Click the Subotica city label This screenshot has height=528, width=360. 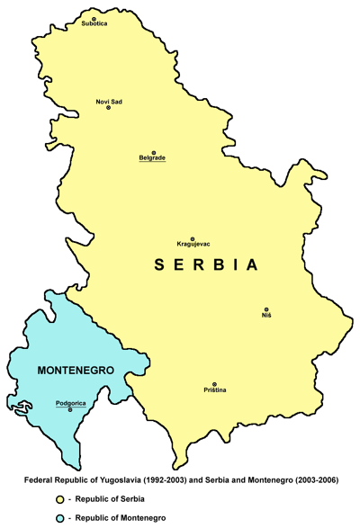tap(94, 24)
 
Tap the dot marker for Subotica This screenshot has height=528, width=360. tap(94, 16)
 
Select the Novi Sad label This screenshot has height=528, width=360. tap(110, 101)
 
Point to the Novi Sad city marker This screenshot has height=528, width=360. tap(109, 108)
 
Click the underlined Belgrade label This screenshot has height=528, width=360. tap(152, 158)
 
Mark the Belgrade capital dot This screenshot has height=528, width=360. tap(153, 151)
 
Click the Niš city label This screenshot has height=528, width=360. tap(266, 317)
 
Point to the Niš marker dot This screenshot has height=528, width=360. tap(265, 309)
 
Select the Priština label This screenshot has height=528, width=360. tap(214, 389)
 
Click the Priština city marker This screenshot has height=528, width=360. tap(214, 383)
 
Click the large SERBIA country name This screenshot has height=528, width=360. tap(207, 265)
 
